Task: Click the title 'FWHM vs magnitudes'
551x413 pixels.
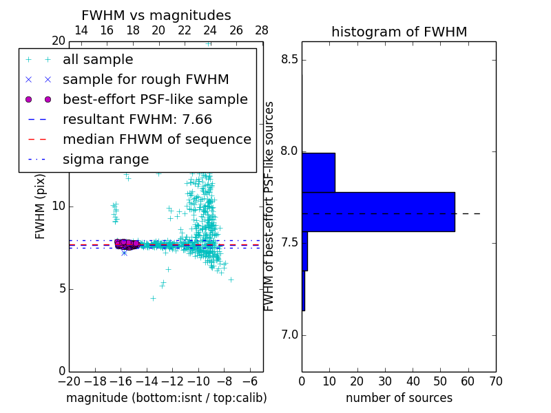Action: (x=156, y=15)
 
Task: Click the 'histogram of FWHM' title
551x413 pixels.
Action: (x=399, y=32)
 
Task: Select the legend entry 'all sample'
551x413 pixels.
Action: (x=98, y=60)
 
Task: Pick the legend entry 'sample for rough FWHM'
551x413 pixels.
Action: (x=145, y=80)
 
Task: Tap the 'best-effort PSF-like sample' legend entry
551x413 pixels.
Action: (x=155, y=100)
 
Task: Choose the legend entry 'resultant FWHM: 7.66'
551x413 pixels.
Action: (x=138, y=120)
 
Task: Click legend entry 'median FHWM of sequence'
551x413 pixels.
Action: (x=156, y=140)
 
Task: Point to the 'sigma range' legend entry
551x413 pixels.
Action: (x=105, y=160)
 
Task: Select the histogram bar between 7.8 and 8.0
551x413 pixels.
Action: (x=318, y=172)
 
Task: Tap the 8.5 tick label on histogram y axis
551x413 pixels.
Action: (x=289, y=59)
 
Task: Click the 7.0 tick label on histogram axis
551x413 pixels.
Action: (x=289, y=335)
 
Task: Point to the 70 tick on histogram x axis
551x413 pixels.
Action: (x=495, y=381)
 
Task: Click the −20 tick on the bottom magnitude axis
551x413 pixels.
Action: (x=69, y=381)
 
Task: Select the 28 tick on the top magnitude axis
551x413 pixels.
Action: (x=262, y=30)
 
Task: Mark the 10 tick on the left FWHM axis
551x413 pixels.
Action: (x=59, y=206)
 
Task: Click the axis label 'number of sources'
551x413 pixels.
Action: (x=399, y=398)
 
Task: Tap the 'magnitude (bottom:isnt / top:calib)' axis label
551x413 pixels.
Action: (x=166, y=398)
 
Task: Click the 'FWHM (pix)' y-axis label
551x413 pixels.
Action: (x=41, y=204)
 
